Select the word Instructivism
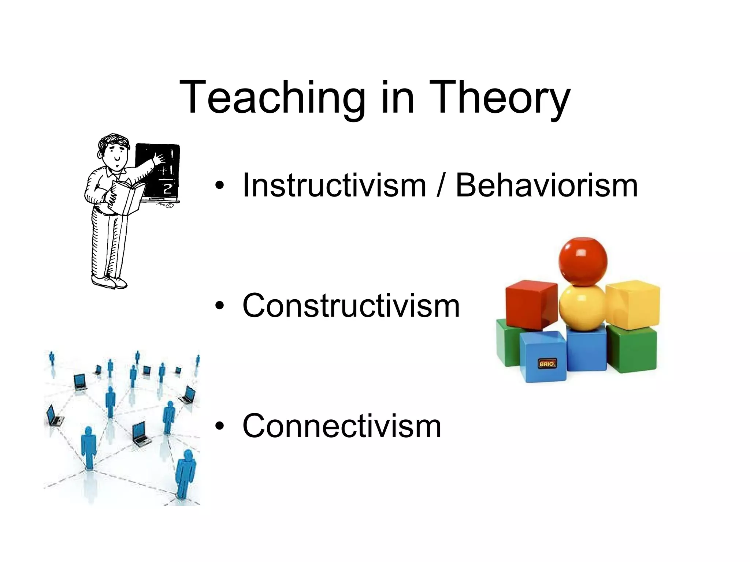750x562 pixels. (x=334, y=186)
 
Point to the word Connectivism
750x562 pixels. (x=342, y=426)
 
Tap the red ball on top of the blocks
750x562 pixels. (x=583, y=261)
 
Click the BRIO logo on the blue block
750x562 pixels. (x=547, y=364)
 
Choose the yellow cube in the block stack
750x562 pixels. (x=633, y=304)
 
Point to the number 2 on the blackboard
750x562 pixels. (x=167, y=189)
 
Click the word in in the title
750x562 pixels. (x=397, y=98)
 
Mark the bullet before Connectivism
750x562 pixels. (x=219, y=426)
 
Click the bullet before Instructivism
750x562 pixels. (x=219, y=186)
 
